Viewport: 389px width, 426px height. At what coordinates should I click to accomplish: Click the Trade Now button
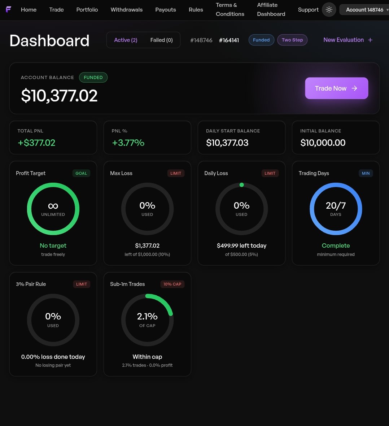point(337,88)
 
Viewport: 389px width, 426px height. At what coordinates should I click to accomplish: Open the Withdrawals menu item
point(127,10)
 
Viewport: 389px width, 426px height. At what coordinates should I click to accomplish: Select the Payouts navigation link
point(166,10)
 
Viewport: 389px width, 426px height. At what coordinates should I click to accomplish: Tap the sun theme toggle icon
point(329,10)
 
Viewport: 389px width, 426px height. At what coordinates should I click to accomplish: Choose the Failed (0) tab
point(161,40)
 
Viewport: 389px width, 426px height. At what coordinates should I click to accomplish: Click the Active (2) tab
point(126,40)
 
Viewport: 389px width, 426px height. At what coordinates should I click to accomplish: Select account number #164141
point(229,40)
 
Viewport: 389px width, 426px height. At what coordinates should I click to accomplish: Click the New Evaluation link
point(348,40)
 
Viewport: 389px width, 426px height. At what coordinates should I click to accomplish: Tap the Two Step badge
point(292,40)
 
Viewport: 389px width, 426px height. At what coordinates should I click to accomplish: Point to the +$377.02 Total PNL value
point(36,143)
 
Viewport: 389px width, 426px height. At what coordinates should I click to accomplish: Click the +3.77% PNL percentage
point(128,143)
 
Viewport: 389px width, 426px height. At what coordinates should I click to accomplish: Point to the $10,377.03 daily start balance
point(227,143)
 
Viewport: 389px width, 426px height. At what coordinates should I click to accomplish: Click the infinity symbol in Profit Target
point(53,206)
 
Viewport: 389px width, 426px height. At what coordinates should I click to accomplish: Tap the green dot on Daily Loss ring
point(241,185)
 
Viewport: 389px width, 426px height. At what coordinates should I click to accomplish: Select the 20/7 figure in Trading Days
point(336,206)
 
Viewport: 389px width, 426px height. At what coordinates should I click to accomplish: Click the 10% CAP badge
point(172,284)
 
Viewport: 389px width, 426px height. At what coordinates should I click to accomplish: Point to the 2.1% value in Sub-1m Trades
point(147,316)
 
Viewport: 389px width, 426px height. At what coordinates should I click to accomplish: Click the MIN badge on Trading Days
point(366,173)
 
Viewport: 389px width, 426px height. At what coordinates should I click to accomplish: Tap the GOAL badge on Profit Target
point(81,173)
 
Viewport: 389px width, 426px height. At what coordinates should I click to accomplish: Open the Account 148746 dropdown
point(364,10)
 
